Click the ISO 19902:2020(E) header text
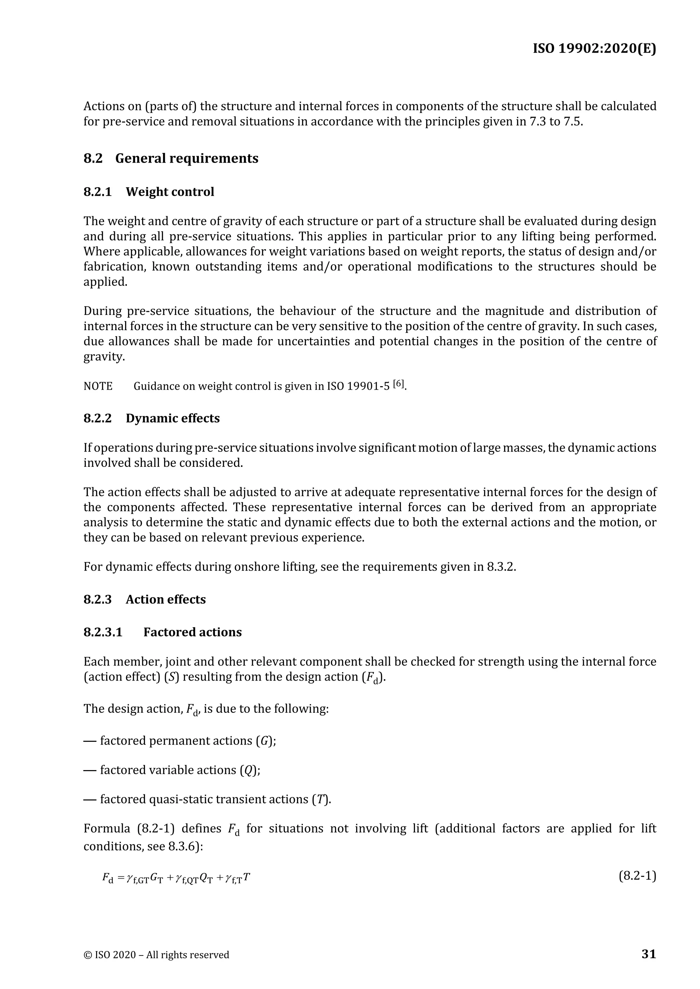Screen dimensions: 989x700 [x=594, y=49]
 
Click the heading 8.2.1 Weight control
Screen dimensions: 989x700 [x=149, y=192]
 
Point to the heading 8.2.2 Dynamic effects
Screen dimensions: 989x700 [x=151, y=418]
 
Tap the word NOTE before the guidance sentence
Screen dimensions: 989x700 [x=98, y=386]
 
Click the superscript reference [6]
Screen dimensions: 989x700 [x=399, y=384]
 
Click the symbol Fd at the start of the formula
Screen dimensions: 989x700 [x=108, y=878]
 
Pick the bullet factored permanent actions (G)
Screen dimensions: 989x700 [x=179, y=741]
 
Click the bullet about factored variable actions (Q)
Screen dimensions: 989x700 [x=172, y=770]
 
